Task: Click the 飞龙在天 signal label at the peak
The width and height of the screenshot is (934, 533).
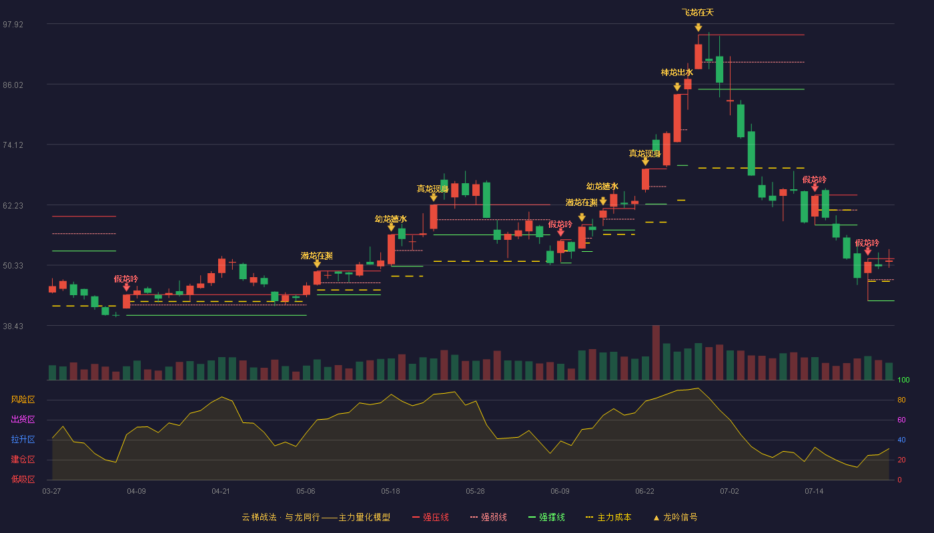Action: (698, 13)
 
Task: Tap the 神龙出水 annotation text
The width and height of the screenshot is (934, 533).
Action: (676, 73)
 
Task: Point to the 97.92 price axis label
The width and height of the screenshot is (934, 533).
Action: (13, 25)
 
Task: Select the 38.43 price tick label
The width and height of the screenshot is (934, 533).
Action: (13, 326)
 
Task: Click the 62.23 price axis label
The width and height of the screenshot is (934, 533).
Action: (13, 206)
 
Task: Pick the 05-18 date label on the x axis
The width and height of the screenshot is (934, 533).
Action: (390, 492)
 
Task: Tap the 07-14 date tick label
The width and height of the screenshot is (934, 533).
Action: (814, 492)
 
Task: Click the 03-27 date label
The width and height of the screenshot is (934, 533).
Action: (52, 492)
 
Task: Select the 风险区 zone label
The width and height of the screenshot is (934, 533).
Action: (23, 400)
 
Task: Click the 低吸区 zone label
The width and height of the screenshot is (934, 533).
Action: (23, 480)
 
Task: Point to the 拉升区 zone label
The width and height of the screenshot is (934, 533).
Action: (23, 440)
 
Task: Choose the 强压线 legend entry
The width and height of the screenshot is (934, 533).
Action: (430, 517)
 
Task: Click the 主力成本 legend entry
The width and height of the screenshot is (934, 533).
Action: (608, 517)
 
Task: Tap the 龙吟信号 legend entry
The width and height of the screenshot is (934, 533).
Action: (675, 517)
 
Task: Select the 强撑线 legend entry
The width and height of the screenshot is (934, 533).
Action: (546, 517)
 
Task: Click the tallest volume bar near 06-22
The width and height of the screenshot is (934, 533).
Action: (656, 352)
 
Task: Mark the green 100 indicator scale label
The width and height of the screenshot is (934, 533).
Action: (903, 380)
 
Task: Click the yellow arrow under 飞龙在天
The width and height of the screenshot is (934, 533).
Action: (698, 27)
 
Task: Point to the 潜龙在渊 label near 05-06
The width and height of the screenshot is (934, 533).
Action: (316, 256)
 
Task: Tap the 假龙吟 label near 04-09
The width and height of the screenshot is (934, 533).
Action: (126, 278)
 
